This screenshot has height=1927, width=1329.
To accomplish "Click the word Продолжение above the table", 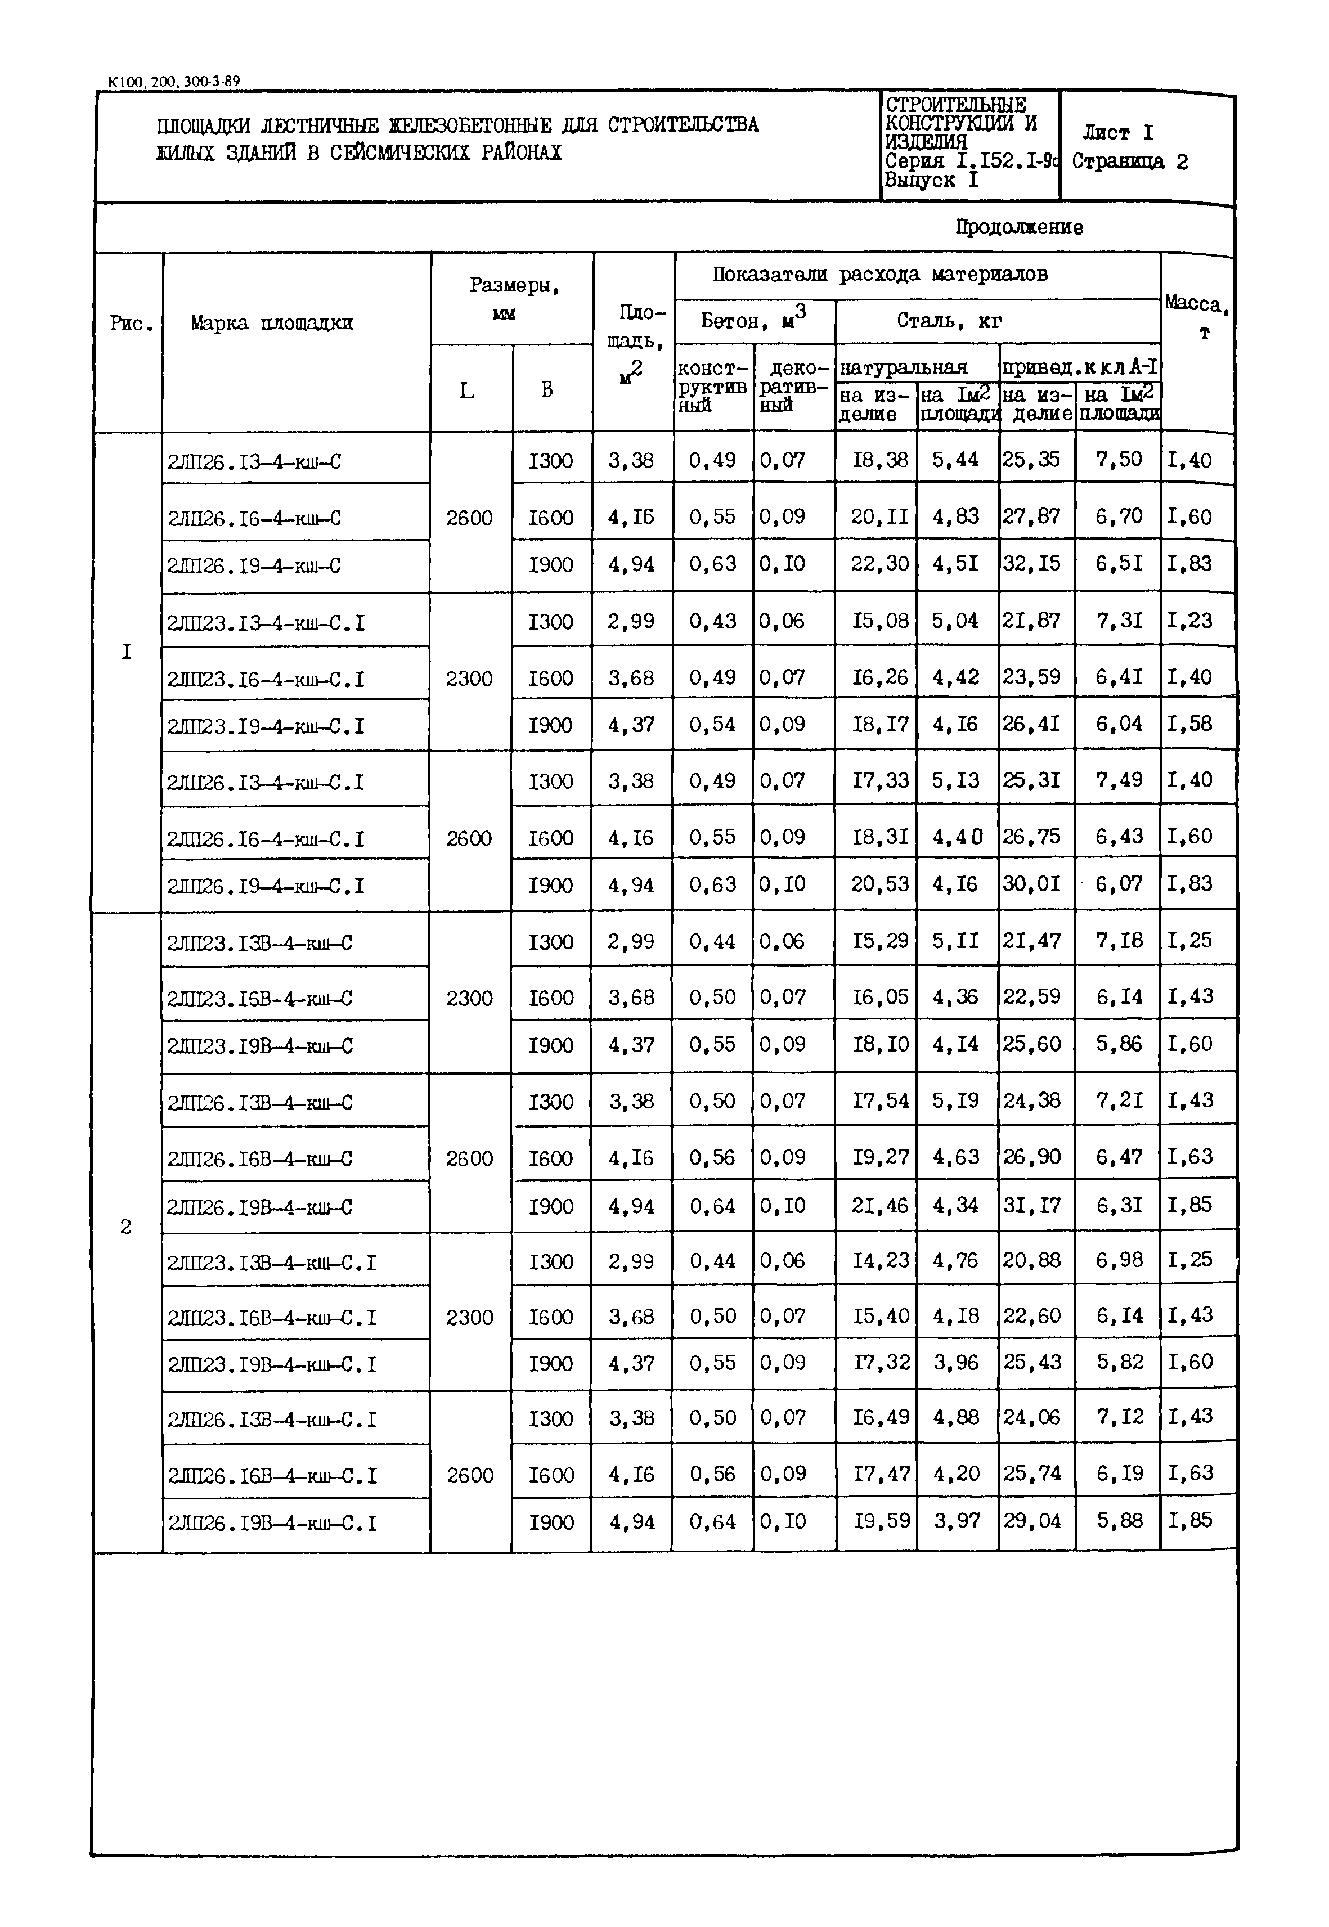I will point(1018,227).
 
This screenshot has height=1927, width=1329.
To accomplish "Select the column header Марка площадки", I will point(271,323).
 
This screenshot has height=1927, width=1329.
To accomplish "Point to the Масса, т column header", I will point(1197,316).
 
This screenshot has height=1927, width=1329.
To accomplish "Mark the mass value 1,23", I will point(1189,621).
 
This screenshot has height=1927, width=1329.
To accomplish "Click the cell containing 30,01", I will point(1032,883).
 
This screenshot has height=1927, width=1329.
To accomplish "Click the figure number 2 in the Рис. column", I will point(125,1227).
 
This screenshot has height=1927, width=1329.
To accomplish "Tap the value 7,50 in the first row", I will point(1119,460).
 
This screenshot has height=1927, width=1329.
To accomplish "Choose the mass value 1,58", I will point(1189,724).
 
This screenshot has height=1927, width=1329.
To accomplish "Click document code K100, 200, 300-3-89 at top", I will point(174,82).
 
